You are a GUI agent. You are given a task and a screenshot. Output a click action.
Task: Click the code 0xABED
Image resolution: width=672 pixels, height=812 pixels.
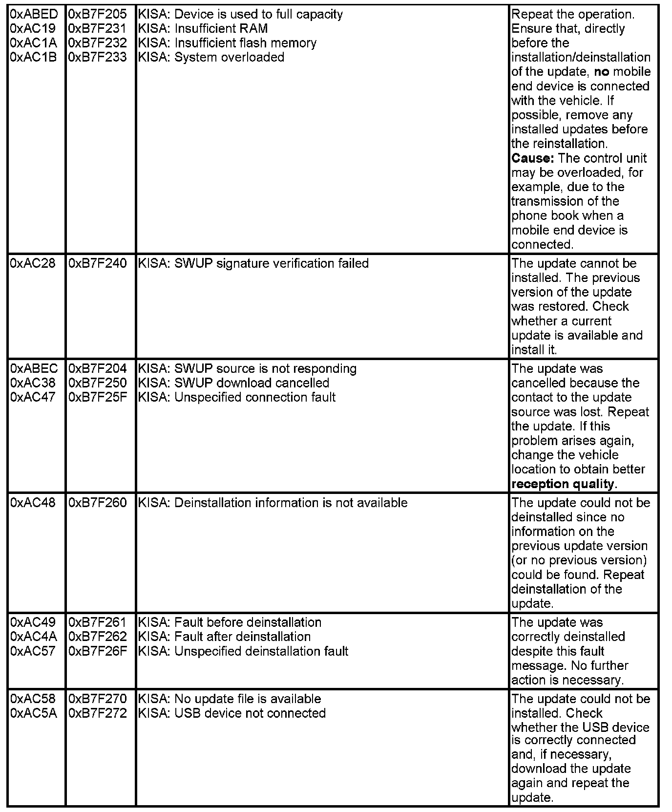pos(34,14)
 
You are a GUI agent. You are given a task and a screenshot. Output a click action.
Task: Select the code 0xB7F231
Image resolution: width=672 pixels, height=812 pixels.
pos(97,28)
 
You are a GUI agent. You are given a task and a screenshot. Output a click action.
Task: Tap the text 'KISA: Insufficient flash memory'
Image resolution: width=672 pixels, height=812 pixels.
pos(227,43)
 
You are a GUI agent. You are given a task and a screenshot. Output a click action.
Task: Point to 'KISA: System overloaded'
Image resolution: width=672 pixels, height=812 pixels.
pos(211,57)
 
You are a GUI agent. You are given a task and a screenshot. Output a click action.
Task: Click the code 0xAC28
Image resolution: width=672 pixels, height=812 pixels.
pos(33,263)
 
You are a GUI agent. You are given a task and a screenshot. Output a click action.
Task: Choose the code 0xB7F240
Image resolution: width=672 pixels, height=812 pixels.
pos(97,263)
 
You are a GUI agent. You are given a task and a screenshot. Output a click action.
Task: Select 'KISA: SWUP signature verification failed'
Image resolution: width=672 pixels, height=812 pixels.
pos(253,263)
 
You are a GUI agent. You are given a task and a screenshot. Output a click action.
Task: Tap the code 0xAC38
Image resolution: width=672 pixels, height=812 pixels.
pos(33,383)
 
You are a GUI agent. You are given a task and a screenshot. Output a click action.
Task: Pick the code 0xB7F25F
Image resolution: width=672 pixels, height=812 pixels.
pos(97,397)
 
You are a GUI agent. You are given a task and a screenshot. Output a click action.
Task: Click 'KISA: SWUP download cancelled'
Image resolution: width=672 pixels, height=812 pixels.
pos(233,383)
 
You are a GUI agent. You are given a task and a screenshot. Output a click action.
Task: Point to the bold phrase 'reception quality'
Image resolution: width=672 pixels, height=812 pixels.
pos(563,484)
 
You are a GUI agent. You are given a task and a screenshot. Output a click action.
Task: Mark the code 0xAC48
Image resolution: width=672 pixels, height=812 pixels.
pos(33,503)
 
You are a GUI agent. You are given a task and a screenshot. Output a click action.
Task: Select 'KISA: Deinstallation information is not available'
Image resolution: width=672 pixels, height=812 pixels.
pos(273,503)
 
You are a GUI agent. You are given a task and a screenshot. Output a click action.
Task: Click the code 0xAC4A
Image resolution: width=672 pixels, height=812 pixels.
pos(34,637)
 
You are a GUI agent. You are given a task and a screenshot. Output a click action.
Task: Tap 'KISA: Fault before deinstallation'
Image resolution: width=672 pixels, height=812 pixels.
pos(230,622)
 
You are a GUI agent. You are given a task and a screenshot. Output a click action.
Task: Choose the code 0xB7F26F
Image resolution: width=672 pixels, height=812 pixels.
pos(97,651)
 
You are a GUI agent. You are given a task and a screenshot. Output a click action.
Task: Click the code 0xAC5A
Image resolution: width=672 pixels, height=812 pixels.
pos(34,713)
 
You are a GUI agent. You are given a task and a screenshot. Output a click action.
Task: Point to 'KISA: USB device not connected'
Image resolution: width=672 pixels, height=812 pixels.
pos(231,713)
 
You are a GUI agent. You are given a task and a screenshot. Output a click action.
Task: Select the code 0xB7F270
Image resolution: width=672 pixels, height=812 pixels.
pos(97,699)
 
